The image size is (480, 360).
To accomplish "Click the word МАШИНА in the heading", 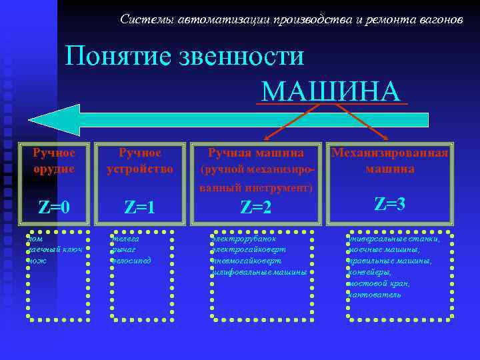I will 331,91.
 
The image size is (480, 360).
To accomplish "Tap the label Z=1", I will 139,207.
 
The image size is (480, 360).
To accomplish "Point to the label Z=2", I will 256,208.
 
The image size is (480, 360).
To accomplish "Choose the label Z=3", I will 389,204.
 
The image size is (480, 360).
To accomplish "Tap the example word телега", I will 124,237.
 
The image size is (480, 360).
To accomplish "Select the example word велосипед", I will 131,260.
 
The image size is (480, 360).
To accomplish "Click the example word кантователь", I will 374,294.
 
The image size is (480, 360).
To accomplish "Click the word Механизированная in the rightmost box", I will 389,153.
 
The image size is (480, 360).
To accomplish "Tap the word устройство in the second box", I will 139,169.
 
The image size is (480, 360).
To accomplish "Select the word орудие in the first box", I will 54,169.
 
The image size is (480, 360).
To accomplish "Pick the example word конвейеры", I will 371,271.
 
